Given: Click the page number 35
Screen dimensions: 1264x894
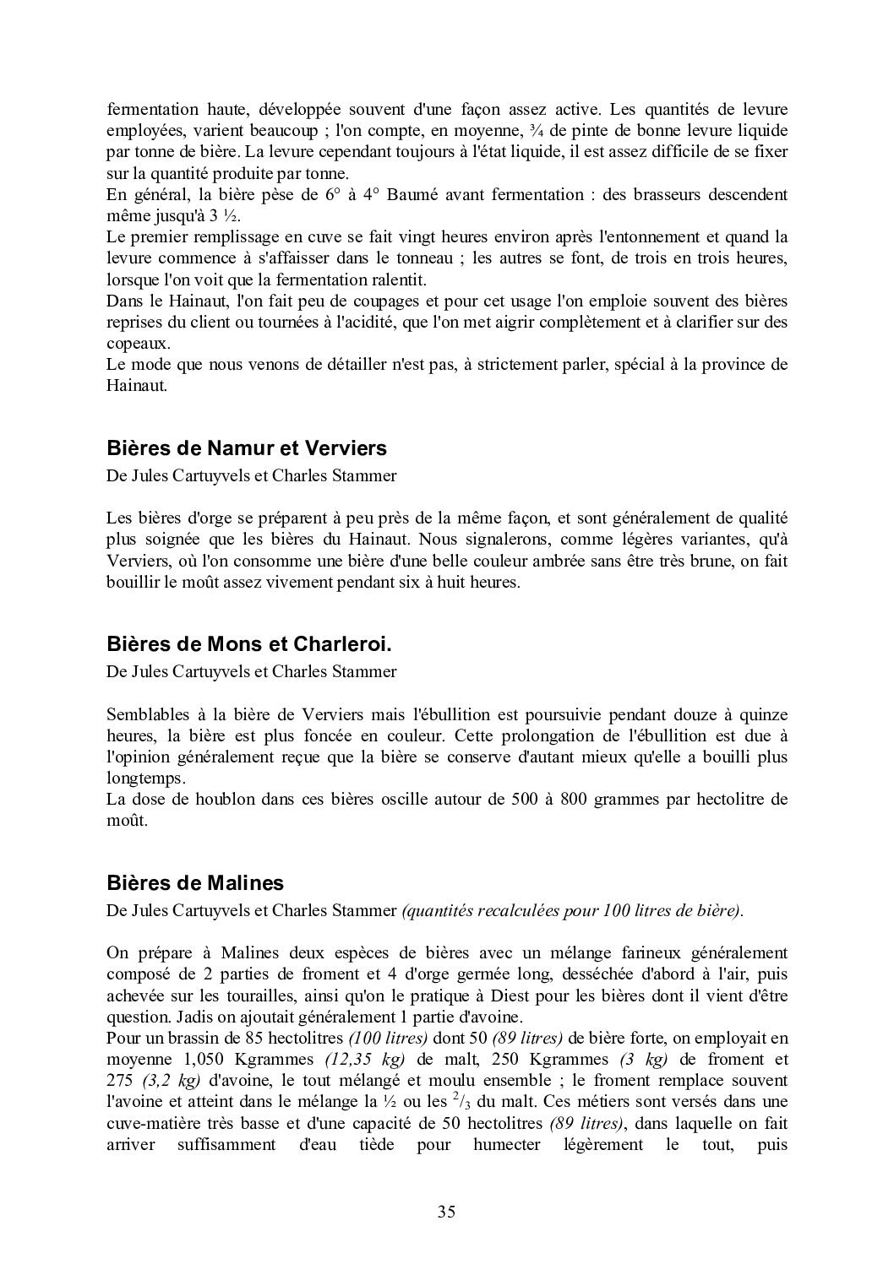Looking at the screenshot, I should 447,1212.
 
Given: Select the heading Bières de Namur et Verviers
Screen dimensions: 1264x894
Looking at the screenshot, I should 247,448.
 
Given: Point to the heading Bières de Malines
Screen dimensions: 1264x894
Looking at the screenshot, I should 195,883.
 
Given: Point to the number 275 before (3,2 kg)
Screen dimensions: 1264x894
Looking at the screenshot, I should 122,1080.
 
